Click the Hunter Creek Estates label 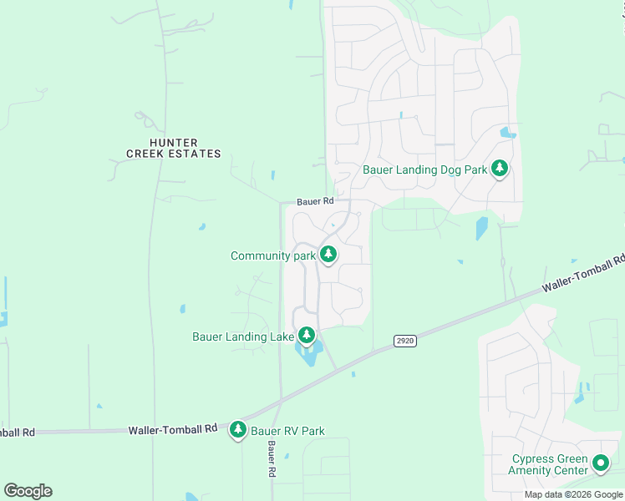[174, 148]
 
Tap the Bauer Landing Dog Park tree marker [500, 169]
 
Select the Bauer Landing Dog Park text [424, 170]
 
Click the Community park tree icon [328, 254]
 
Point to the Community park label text [273, 256]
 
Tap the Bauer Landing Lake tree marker [307, 335]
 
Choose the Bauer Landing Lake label [243, 337]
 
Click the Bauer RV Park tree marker [238, 429]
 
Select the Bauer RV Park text [287, 431]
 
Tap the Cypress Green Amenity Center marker [600, 462]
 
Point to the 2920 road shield [404, 341]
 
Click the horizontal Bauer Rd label [315, 201]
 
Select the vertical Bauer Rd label [272, 460]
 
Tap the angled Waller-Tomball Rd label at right [583, 273]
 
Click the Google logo [28, 490]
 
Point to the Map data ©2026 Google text [573, 494]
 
